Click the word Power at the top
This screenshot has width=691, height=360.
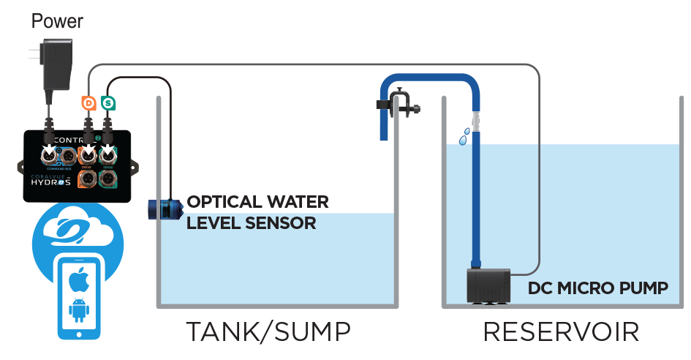pos(58,21)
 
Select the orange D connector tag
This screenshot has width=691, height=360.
pos(88,103)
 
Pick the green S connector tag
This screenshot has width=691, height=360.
pos(108,103)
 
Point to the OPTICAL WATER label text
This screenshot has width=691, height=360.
pos(258,201)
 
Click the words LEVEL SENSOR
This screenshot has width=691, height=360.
pos(251,222)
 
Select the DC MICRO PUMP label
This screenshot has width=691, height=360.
pos(598,288)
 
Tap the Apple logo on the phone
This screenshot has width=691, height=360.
pos(78,280)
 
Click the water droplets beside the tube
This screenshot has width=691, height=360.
pos(464,135)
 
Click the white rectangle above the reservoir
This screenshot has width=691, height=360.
pos(605,105)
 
